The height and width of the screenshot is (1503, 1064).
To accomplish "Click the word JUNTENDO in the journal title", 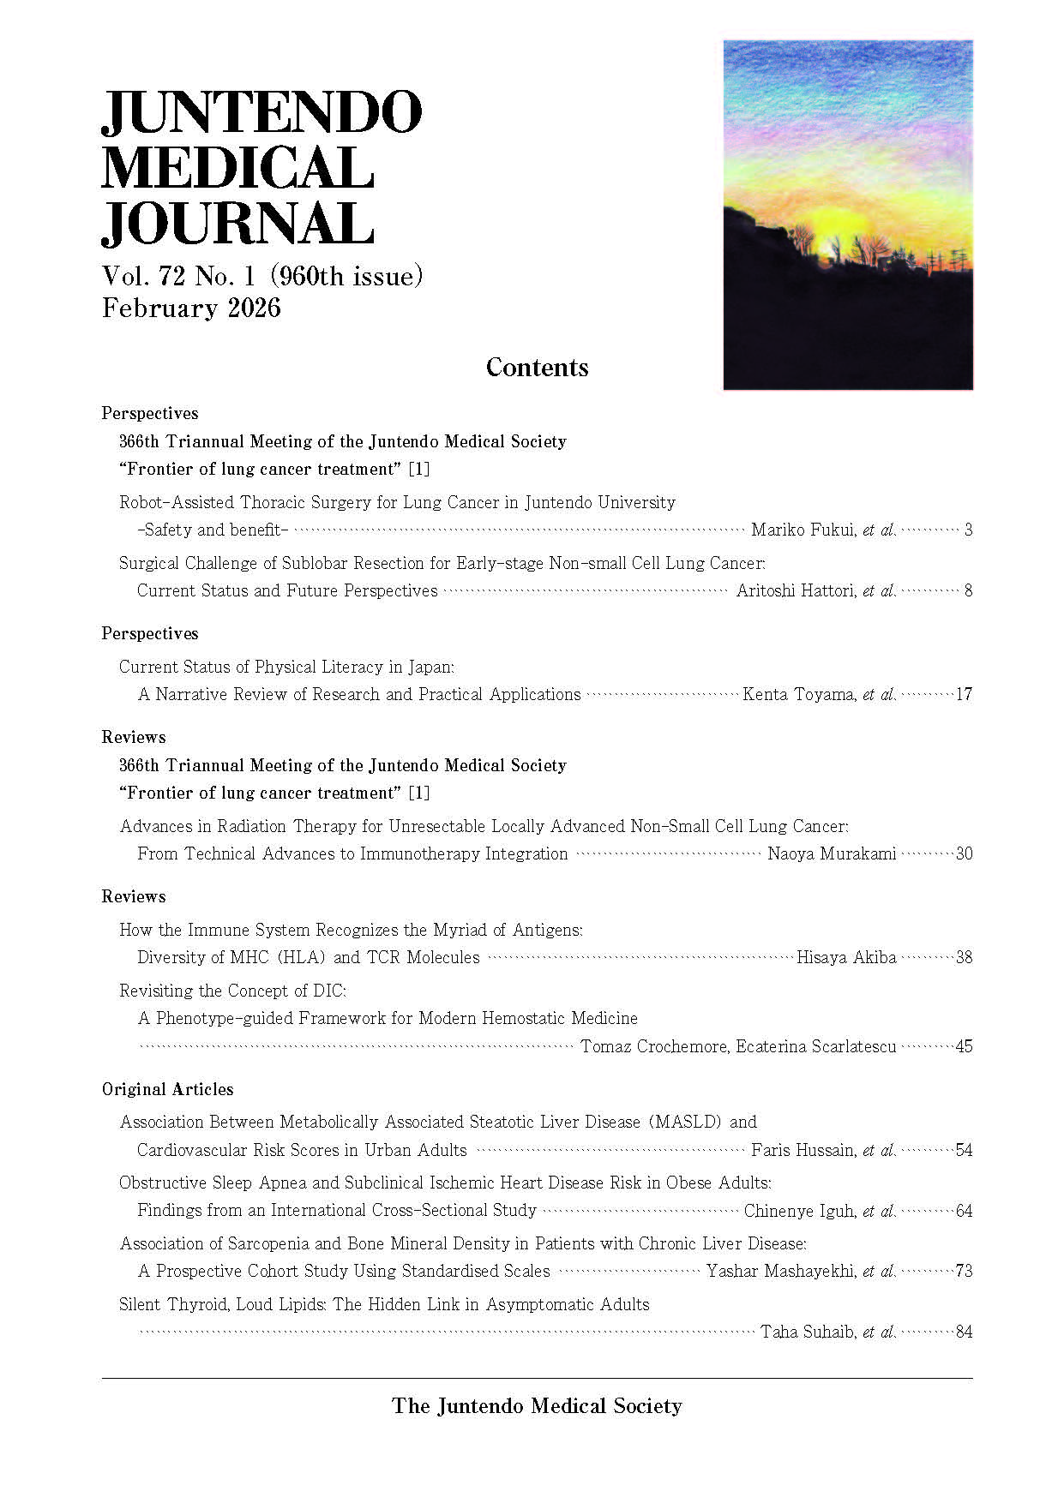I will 261,112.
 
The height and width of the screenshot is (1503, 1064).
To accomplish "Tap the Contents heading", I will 537,368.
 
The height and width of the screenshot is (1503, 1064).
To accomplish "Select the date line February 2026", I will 191,308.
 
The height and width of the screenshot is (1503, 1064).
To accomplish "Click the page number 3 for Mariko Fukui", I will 968,530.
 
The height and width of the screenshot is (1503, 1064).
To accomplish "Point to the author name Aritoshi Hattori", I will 796,590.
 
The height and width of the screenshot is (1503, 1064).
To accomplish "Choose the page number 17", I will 964,694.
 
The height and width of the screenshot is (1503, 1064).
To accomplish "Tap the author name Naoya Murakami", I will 832,853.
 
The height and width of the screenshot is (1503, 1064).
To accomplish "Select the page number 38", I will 964,957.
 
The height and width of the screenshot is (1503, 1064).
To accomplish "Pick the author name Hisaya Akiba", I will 846,957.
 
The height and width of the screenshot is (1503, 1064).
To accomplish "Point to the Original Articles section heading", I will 167,1089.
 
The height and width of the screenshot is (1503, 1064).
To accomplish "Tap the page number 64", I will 964,1211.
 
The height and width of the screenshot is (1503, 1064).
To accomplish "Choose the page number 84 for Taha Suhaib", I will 964,1332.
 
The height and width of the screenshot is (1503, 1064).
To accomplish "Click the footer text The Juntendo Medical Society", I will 537,1406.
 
